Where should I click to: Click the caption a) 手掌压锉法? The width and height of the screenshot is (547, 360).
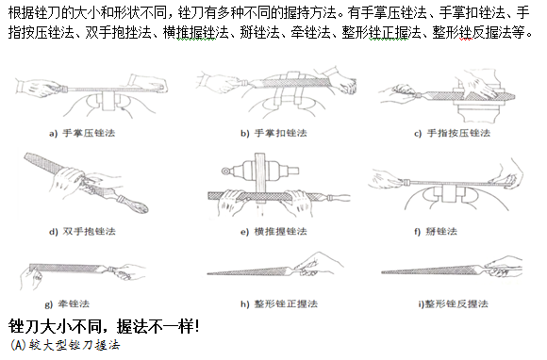click(82, 133)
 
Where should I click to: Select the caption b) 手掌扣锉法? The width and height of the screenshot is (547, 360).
click(273, 133)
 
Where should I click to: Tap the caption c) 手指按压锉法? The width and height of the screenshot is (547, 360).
click(452, 133)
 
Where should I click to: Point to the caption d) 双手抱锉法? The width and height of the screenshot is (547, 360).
click(82, 232)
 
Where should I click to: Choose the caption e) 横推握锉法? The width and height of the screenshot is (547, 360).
click(273, 232)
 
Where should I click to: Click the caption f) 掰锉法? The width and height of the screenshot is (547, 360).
click(436, 232)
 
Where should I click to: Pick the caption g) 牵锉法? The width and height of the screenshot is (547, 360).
click(67, 303)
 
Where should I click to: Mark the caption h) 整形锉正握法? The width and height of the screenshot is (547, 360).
click(279, 303)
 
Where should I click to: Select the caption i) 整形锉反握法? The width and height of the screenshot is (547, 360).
click(453, 303)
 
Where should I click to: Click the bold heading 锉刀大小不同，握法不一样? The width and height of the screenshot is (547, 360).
click(104, 326)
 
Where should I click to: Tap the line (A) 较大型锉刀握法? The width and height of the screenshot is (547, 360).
click(65, 345)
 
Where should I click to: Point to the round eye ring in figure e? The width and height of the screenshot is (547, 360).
click(225, 171)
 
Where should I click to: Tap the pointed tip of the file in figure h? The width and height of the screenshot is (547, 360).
click(207, 273)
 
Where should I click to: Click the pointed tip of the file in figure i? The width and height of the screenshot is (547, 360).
click(382, 271)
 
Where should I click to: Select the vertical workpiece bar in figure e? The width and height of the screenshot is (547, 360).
click(260, 174)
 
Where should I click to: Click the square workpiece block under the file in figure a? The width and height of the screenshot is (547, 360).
click(108, 101)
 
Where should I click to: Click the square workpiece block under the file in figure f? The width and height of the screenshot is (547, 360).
click(449, 193)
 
